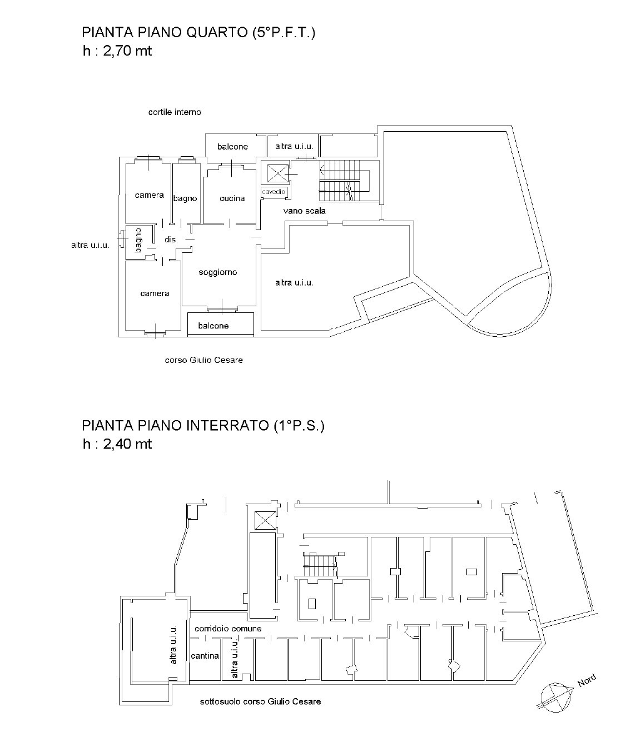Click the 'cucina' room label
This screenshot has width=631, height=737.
pos(232,198)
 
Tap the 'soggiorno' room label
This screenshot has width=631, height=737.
pos(218,272)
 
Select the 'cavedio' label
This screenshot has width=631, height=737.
pos(274,192)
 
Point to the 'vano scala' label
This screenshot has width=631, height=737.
pos(304,211)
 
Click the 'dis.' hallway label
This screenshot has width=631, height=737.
pos(171,240)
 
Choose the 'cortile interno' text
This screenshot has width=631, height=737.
pos(175,112)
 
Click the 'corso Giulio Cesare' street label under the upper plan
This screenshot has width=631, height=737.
pos(203,360)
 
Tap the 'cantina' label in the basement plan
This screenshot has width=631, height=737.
pos(205,656)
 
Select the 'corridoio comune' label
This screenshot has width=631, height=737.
pos(228,629)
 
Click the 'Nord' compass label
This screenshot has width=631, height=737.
pos(587,680)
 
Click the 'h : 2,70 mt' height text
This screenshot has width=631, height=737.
pos(117,51)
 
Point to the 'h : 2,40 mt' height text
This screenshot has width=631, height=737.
pos(117,444)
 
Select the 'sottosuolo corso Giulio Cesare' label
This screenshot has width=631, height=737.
pos(260,701)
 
